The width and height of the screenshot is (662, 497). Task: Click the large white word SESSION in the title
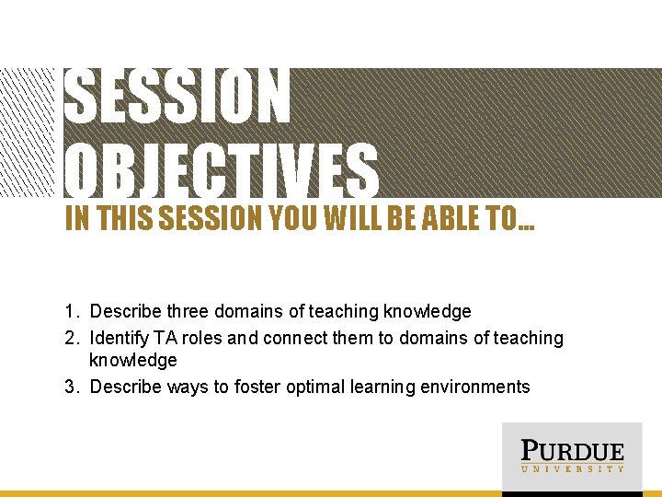tap(178, 97)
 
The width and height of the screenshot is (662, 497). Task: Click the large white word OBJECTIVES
tap(222, 170)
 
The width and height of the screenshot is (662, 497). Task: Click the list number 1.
tap(71, 312)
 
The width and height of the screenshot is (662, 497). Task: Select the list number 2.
tap(71, 338)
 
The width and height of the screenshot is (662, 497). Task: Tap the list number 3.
tap(71, 387)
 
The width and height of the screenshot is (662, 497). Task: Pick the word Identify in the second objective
tap(120, 338)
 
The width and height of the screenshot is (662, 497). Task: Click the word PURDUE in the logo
tap(572, 451)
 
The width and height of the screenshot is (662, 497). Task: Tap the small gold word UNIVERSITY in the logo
tap(572, 469)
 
